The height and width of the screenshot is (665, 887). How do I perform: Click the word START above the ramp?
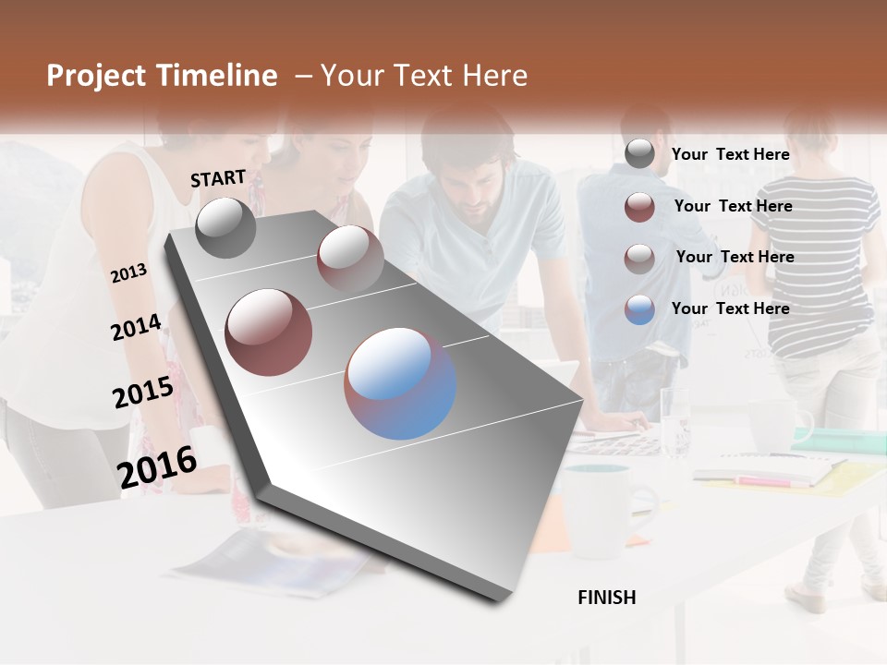[x=218, y=178]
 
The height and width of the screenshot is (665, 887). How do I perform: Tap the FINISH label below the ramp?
[x=607, y=598]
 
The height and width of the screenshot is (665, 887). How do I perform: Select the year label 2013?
[x=128, y=273]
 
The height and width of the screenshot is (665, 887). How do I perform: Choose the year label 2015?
[x=143, y=393]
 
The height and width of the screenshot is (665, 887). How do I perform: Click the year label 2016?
[x=157, y=466]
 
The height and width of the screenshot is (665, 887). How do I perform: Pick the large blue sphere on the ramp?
[x=400, y=383]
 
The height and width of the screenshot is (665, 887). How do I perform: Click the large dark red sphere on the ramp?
[x=269, y=332]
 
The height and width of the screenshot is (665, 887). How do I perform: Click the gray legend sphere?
[x=639, y=154]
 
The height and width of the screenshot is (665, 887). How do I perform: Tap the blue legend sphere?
[x=639, y=309]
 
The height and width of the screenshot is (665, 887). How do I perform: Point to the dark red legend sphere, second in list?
[x=639, y=207]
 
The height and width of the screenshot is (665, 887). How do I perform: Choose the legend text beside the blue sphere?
[x=730, y=308]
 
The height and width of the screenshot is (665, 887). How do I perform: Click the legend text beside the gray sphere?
[x=730, y=154]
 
